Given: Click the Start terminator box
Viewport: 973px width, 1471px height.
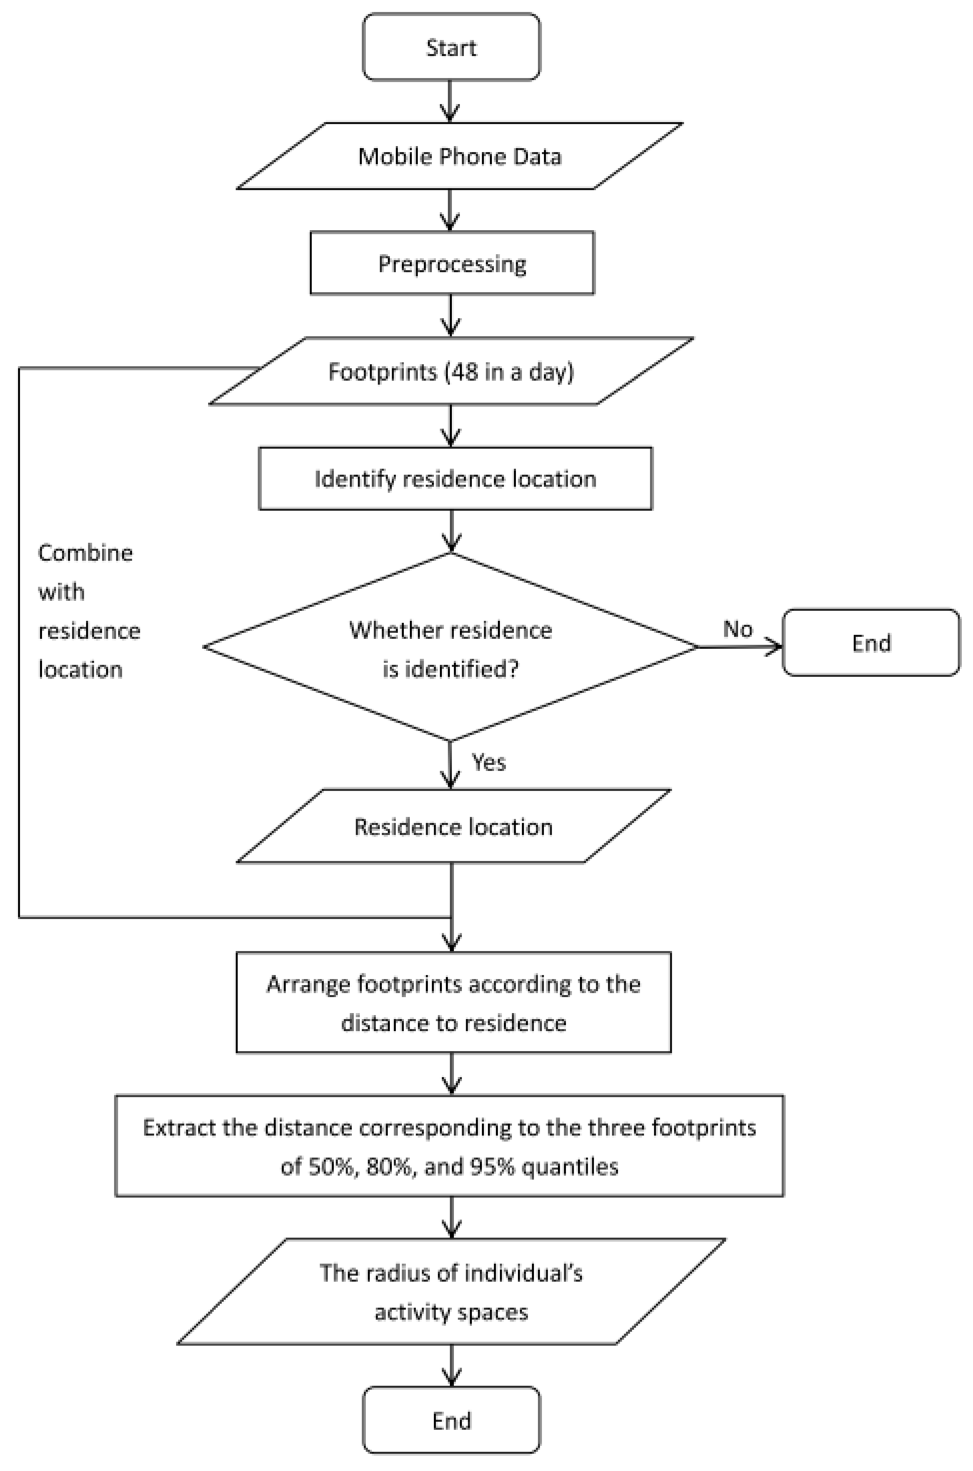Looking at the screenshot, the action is coord(451,47).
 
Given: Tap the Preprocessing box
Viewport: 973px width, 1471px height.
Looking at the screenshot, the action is coord(452,263).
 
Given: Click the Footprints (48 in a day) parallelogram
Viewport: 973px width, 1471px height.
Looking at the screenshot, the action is coord(451,371).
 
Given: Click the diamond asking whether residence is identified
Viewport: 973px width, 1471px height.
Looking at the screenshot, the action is coord(451,646).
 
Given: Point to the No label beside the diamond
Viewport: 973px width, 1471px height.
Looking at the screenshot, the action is coord(738,629).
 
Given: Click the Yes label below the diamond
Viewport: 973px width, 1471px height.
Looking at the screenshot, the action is coord(489,762).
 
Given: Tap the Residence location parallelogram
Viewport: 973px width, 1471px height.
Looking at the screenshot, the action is coord(453,827).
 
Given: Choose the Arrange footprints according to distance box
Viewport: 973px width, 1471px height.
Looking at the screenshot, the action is coord(453,1003).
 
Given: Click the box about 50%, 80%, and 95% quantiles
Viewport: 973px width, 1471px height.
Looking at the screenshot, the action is coord(449,1146).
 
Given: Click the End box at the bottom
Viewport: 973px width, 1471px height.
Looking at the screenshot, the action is coord(451,1421).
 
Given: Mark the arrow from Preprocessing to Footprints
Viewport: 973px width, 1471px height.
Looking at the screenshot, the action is coord(451,316).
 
